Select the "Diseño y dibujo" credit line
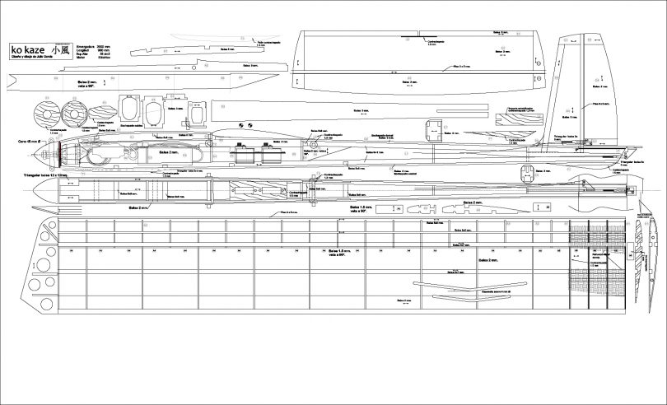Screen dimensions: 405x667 click(34, 58)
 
